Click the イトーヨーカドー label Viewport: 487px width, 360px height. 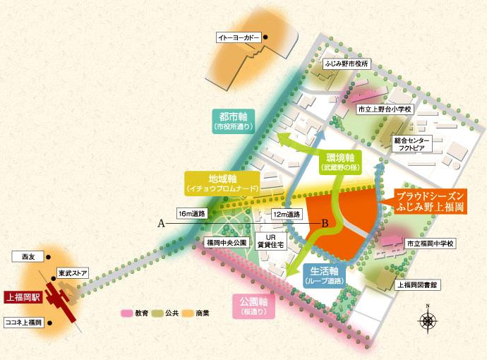tap(238, 37)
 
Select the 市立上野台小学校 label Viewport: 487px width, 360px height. tap(384, 110)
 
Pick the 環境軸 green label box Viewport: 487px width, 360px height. tap(342, 162)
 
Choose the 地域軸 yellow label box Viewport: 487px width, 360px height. tap(222, 184)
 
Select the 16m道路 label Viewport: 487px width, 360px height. tap(191, 213)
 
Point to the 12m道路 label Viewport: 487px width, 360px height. tap(287, 213)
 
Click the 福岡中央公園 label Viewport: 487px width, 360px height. tap(224, 242)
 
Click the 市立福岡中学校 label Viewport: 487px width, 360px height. tap(432, 244)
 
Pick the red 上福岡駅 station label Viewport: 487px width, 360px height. tap(22, 298)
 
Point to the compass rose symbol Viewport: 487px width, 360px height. tap(428, 320)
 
